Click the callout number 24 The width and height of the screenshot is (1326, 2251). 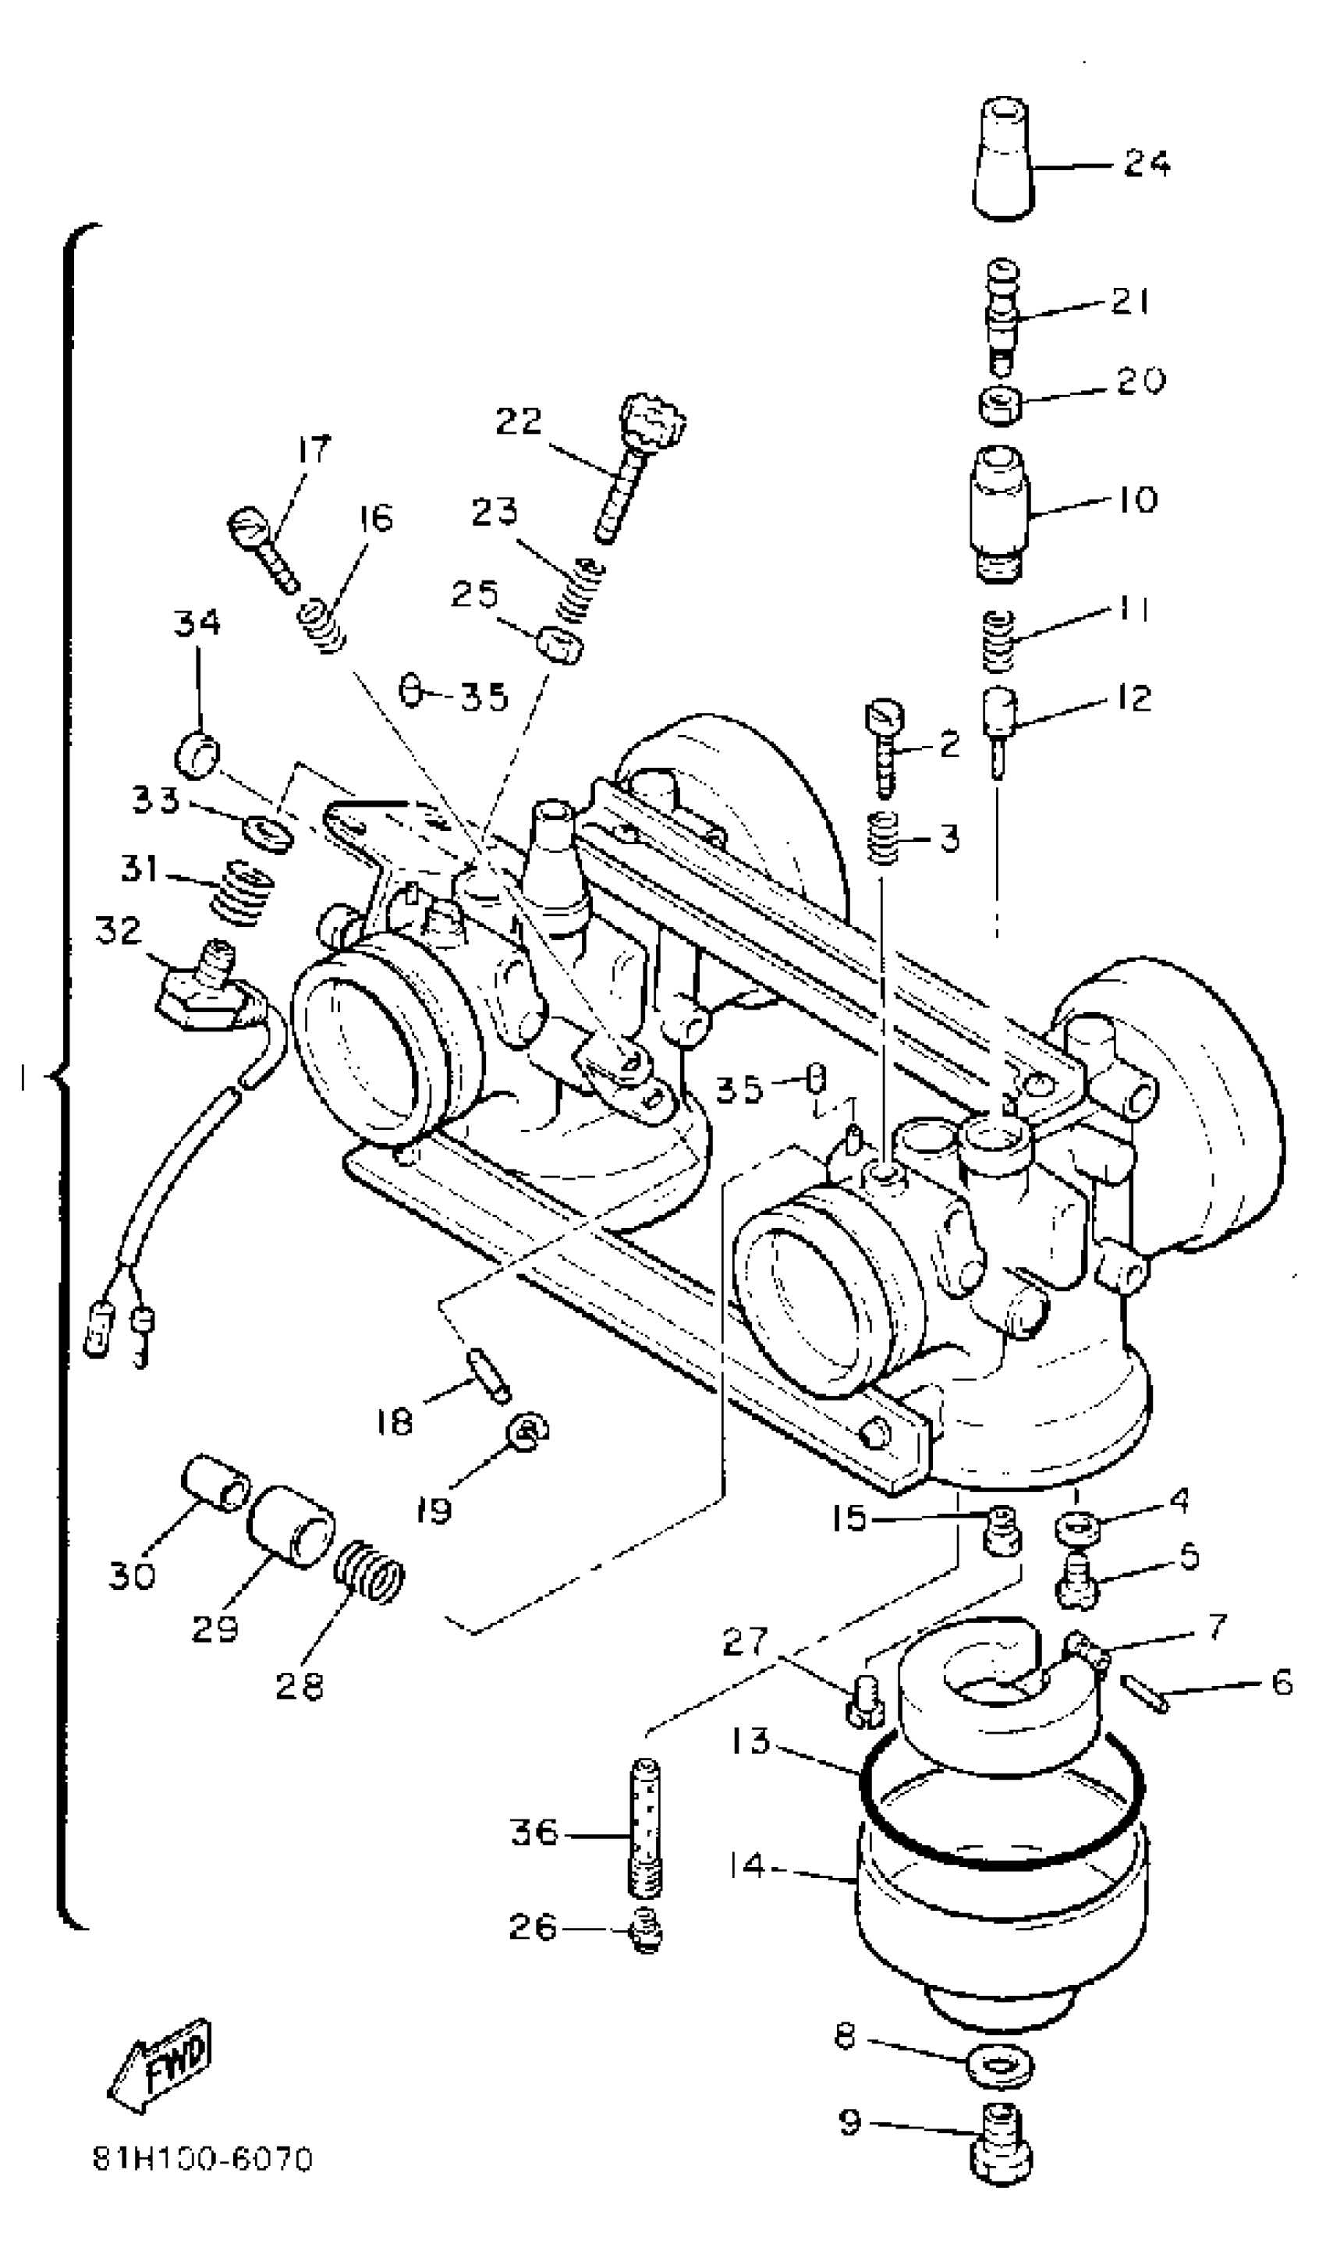[x=1147, y=164]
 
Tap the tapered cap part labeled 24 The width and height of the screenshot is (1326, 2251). [x=1002, y=161]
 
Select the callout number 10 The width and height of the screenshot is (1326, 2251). [x=1136, y=499]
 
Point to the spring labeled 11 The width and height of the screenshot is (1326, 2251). [x=998, y=640]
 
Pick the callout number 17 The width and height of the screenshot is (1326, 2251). [x=313, y=449]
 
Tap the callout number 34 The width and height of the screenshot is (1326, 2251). [x=197, y=623]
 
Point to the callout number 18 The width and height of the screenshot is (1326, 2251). [x=394, y=1421]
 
